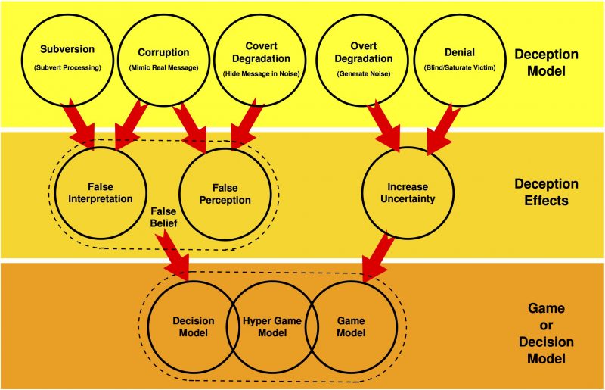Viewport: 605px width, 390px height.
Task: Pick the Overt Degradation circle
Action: click(364, 58)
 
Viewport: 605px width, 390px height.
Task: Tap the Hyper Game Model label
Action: click(272, 326)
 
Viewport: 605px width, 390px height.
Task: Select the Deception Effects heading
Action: click(546, 191)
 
